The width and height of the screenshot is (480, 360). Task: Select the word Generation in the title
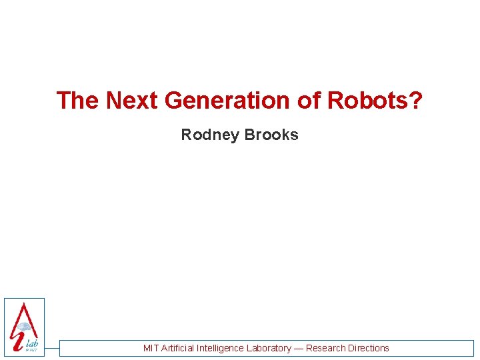227,101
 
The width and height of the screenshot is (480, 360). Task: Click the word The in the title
78,101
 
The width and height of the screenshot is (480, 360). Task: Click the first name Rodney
210,135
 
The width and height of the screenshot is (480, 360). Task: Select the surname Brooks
271,135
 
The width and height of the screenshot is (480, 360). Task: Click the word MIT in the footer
151,348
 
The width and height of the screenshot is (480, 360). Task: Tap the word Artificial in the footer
181,348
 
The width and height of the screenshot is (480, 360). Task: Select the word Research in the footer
325,348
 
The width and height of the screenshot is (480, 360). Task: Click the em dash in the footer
299,348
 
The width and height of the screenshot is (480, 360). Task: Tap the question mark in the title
416,101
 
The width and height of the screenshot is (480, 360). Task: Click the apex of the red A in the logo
24,304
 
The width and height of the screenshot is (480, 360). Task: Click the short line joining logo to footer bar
52,348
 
